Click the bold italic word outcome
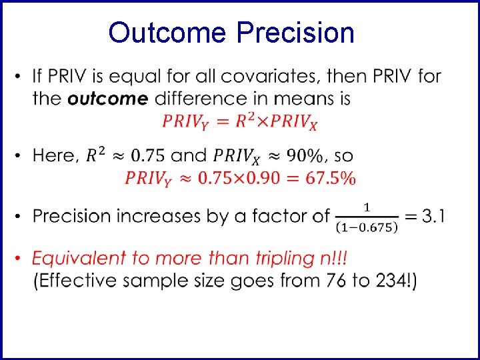[x=107, y=99]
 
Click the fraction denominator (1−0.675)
[x=366, y=226]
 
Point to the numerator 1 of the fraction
[x=367, y=205]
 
